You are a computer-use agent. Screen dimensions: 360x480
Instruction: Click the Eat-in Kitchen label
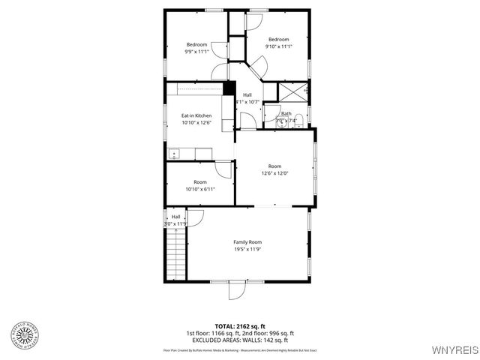pos(196,115)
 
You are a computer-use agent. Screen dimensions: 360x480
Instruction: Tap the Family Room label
pos(247,242)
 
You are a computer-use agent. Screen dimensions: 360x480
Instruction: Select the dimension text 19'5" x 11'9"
pos(247,250)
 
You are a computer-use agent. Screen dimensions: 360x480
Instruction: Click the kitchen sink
pos(174,154)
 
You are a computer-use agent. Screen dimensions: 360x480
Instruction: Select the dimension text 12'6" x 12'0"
pos(274,173)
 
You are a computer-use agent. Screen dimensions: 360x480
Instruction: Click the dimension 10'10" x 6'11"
pos(200,189)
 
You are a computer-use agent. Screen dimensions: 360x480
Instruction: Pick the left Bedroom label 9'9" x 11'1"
pos(196,49)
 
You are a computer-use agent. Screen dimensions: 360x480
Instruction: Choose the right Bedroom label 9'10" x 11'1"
pos(278,43)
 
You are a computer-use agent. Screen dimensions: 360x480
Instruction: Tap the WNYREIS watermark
pos(452,350)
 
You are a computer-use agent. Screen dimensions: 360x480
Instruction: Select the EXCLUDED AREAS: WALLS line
pos(240,340)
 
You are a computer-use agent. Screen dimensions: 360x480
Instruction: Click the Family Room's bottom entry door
pos(237,289)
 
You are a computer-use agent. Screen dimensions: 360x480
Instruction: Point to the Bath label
pos(286,114)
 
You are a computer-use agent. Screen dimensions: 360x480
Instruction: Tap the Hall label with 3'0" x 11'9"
pos(176,220)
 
